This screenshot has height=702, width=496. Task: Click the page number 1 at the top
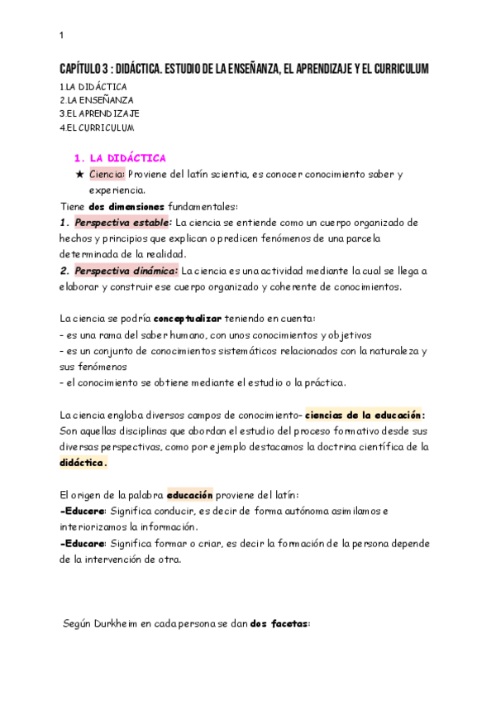pyautogui.click(x=61, y=35)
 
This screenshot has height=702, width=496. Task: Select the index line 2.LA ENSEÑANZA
pyautogui.click(x=97, y=99)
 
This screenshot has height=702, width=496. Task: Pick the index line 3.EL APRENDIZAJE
pyautogui.click(x=99, y=113)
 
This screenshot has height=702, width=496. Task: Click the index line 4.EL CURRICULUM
pyautogui.click(x=97, y=127)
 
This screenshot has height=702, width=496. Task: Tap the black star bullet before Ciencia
pyautogui.click(x=79, y=175)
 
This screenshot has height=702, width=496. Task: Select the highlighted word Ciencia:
pyautogui.click(x=107, y=175)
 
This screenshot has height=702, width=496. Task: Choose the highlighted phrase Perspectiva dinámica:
pyautogui.click(x=126, y=271)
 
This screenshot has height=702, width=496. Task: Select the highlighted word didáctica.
pyautogui.click(x=83, y=463)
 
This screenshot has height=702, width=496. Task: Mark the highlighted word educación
pyautogui.click(x=190, y=495)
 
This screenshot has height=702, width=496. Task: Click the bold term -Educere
pyautogui.click(x=83, y=511)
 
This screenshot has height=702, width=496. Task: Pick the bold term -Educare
pyautogui.click(x=83, y=543)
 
